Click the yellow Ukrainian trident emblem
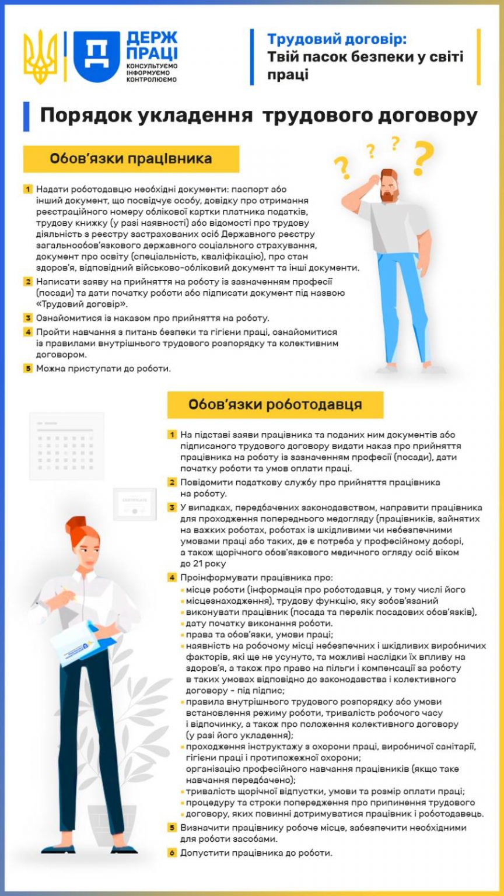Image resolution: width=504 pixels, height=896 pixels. point(40,57)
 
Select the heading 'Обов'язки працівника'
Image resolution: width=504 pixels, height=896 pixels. point(131,159)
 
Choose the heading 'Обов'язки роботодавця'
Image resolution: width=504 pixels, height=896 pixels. point(275,404)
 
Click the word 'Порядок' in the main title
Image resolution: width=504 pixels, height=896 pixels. point(81,116)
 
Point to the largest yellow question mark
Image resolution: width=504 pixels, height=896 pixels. point(423,157)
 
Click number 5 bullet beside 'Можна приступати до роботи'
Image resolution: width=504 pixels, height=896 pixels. point(28,369)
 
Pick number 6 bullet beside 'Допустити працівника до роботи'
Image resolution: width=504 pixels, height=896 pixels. point(173,853)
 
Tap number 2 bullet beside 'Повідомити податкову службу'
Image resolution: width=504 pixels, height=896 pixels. point(173,482)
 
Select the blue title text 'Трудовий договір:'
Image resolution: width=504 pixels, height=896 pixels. point(337,39)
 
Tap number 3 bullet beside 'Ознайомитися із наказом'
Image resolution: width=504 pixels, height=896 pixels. point(28,318)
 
